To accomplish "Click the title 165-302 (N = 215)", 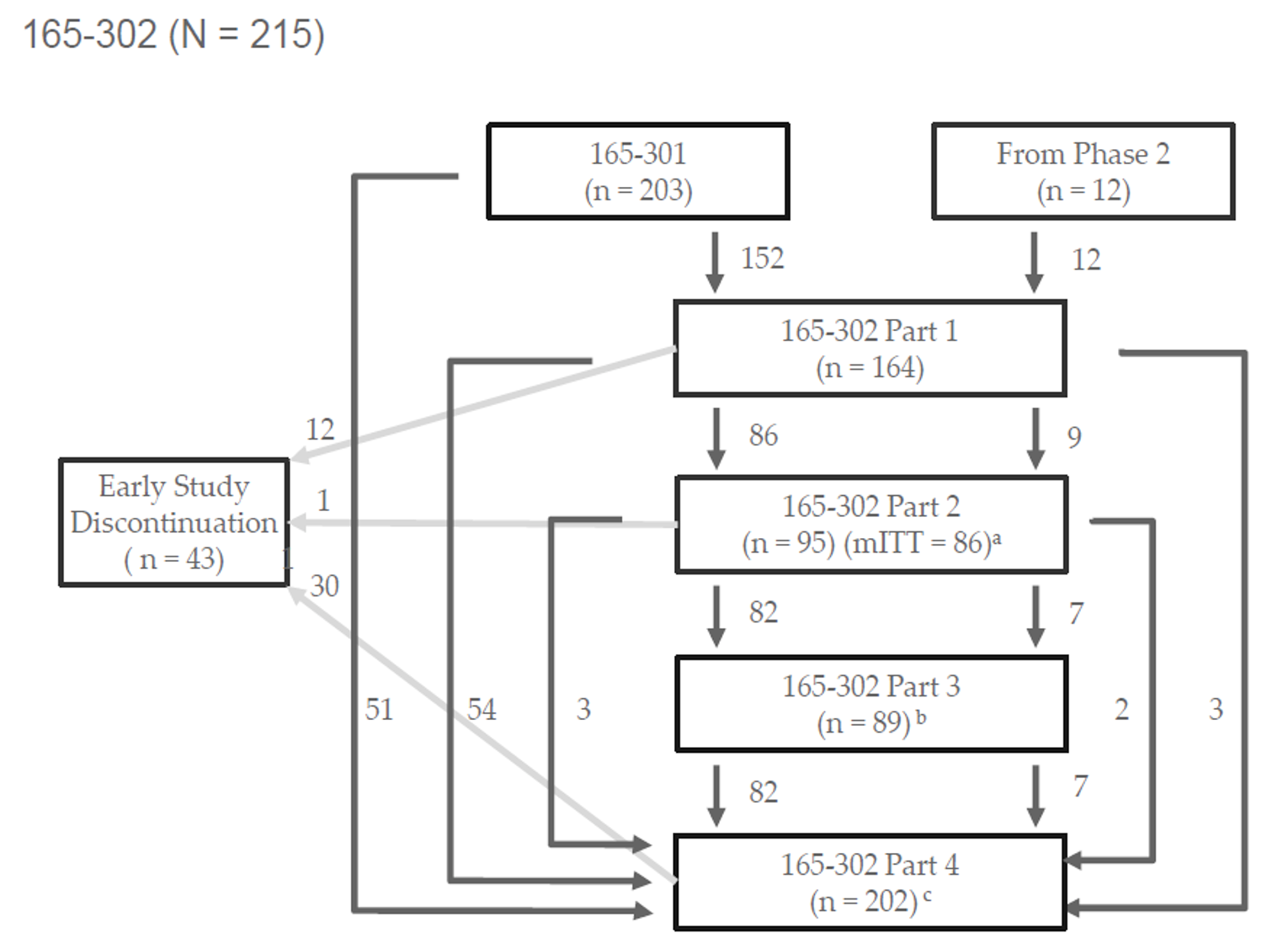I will click(173, 35).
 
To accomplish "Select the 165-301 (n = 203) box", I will click(638, 172).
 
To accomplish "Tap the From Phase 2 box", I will click(1083, 172).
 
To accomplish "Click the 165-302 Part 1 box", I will click(870, 349).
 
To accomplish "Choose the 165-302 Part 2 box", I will click(870, 525).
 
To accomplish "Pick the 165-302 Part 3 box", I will click(870, 704).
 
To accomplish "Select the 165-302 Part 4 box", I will click(870, 882).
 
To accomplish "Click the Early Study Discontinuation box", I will click(174, 522).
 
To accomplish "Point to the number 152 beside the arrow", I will click(762, 259).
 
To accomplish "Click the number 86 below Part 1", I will click(763, 435).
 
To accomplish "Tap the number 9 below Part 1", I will click(1073, 437).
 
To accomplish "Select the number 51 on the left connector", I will click(379, 709).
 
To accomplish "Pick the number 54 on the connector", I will click(482, 709).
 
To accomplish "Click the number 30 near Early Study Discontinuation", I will click(324, 585).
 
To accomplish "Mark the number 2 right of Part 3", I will click(1121, 709).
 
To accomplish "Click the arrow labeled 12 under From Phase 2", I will click(1035, 262).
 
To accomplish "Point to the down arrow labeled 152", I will click(715, 262).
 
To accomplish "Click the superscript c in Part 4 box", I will click(927, 896).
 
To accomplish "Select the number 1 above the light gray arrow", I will click(323, 501).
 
